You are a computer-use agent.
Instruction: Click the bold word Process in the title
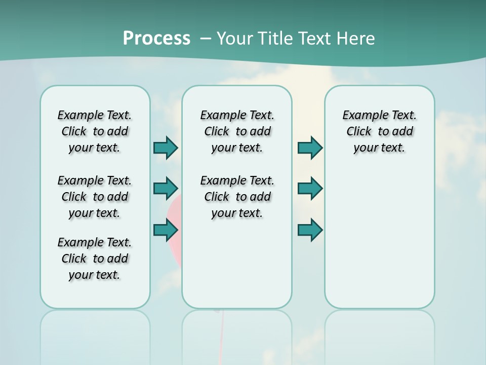point(156,38)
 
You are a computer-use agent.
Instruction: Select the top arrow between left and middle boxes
point(166,148)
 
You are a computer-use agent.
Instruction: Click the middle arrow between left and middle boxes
point(166,189)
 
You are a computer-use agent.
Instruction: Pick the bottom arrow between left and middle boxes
point(166,230)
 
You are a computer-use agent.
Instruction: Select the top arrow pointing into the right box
point(310,148)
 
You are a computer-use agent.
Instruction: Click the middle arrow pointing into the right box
point(310,189)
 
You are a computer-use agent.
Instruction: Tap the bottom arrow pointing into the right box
point(310,230)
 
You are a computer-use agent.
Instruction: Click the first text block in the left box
point(95,131)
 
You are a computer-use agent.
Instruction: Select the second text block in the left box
point(95,197)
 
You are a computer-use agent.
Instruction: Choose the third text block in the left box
point(95,259)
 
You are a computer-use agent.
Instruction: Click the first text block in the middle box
point(237,131)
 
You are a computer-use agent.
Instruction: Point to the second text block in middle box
point(237,197)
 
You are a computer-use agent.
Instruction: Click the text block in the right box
point(379,131)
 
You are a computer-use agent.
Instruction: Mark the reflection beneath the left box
point(95,335)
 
